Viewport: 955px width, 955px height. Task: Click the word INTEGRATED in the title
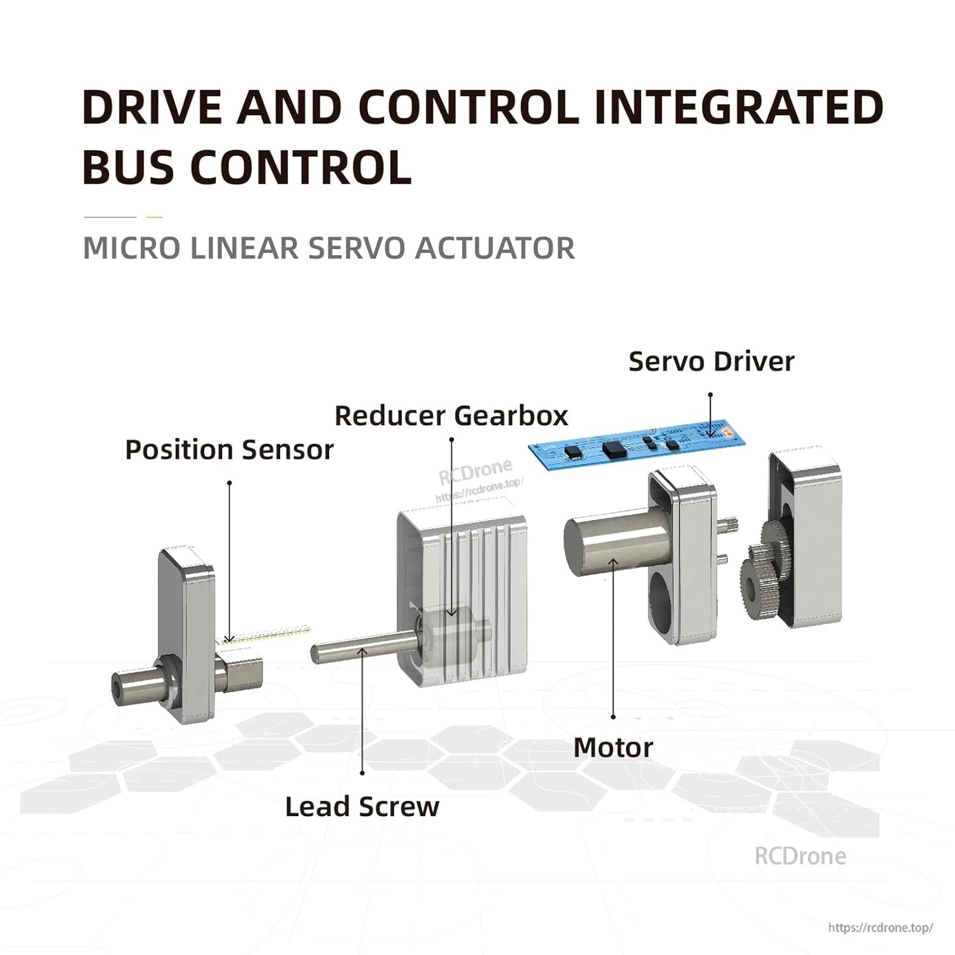pyautogui.click(x=738, y=108)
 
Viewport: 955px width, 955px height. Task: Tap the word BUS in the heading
pyautogui.click(x=128, y=167)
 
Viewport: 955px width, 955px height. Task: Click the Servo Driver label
pyautogui.click(x=711, y=362)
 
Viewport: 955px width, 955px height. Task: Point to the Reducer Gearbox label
pyautogui.click(x=451, y=416)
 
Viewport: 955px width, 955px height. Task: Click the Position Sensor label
pyautogui.click(x=229, y=450)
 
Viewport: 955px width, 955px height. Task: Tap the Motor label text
pyautogui.click(x=613, y=748)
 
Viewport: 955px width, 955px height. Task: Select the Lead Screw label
pyautogui.click(x=362, y=807)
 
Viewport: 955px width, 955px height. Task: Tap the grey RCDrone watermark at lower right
pyautogui.click(x=800, y=856)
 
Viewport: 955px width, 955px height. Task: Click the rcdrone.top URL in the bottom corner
pyautogui.click(x=880, y=928)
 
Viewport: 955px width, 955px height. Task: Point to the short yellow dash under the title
pyautogui.click(x=154, y=217)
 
